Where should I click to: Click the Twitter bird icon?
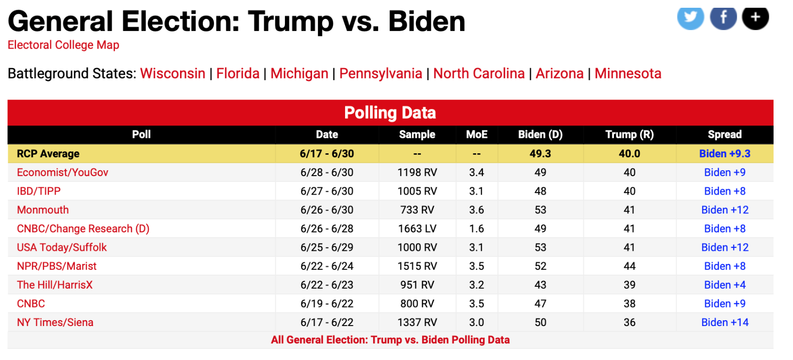point(690,18)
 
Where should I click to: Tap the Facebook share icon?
point(723,18)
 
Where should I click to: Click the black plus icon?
point(755,18)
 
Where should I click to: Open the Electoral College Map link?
point(63,45)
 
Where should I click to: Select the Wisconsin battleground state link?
point(172,74)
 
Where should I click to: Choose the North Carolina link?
point(479,74)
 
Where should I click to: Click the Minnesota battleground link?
point(628,74)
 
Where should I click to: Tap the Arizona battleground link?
point(559,74)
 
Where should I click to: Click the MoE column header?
point(477,134)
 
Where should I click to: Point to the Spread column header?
point(724,134)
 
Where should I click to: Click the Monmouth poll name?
point(43,210)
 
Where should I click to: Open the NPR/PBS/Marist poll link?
point(56,266)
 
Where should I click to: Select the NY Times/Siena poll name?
point(55,323)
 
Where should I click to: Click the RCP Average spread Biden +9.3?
point(724,154)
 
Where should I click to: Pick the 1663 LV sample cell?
point(417,229)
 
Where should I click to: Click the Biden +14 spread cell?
point(725,323)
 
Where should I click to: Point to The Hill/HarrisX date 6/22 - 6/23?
point(327,285)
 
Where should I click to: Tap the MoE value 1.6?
point(476,229)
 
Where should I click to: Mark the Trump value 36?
point(629,323)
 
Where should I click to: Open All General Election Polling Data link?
point(390,340)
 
